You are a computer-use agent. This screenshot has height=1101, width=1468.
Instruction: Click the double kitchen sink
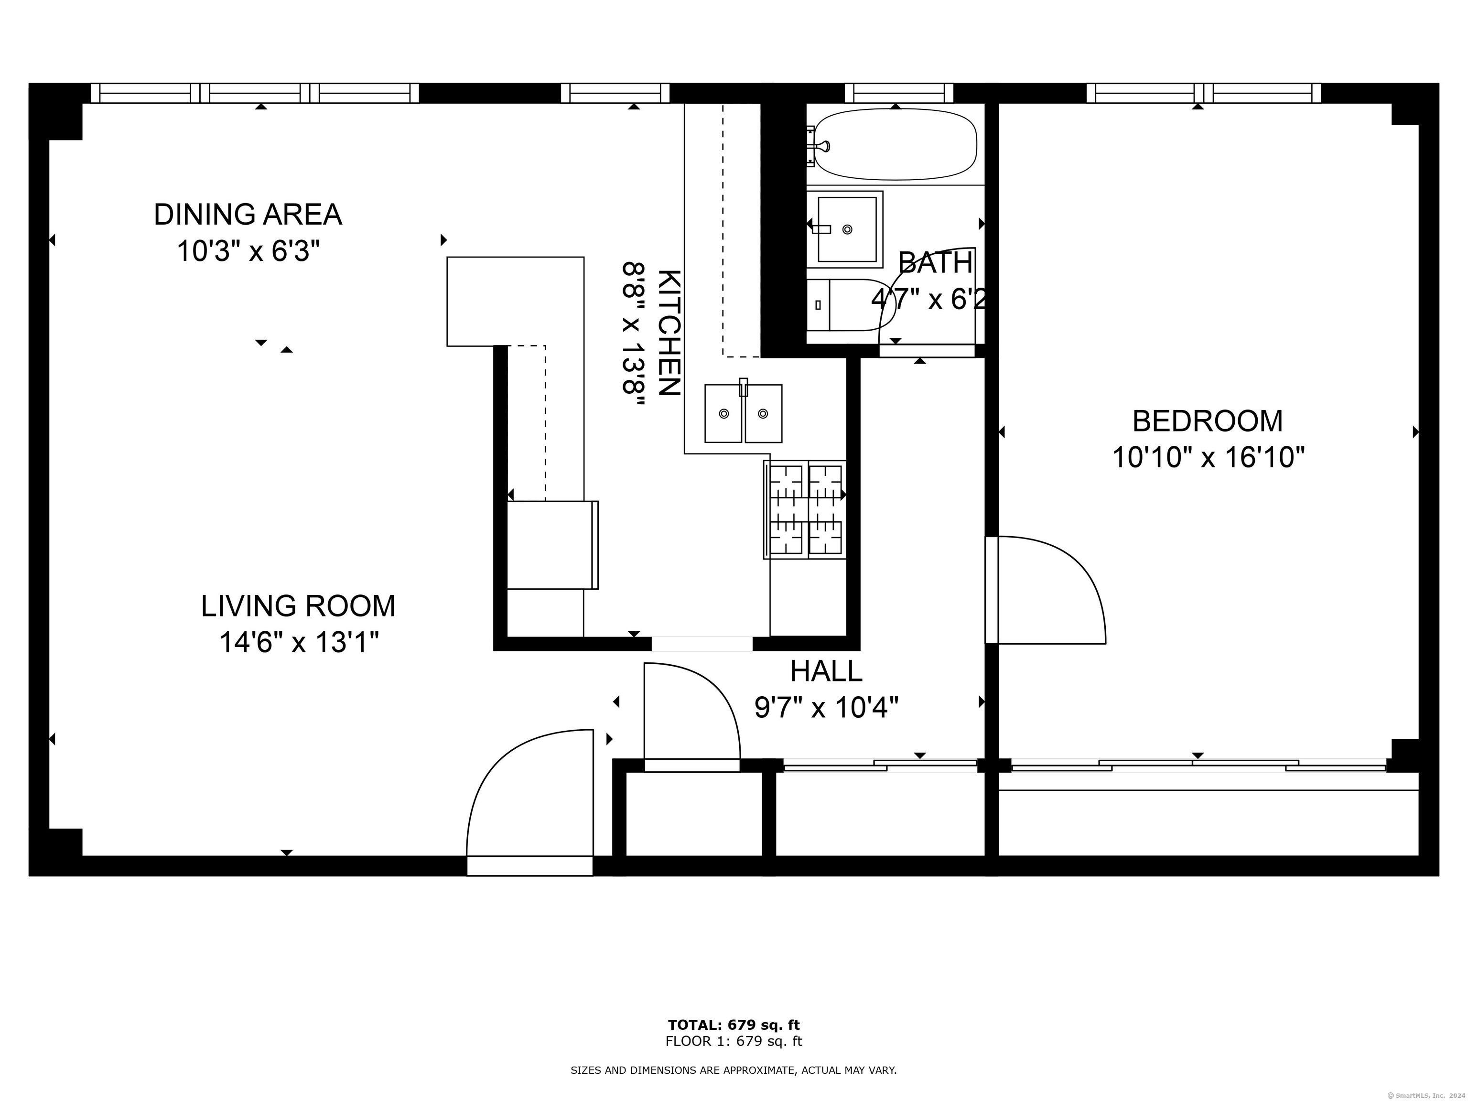click(x=743, y=413)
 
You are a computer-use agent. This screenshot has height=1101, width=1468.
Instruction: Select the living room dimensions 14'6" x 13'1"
click(x=299, y=642)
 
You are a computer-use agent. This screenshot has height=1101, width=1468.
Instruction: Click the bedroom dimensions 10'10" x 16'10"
click(x=1208, y=458)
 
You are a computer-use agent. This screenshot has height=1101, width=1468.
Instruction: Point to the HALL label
click(x=826, y=671)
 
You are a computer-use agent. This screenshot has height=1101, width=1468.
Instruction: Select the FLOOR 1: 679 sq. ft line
click(x=734, y=1041)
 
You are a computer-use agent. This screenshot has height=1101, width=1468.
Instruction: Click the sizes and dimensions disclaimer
click(x=734, y=1070)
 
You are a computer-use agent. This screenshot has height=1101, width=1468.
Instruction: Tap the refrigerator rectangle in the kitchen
click(x=551, y=545)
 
